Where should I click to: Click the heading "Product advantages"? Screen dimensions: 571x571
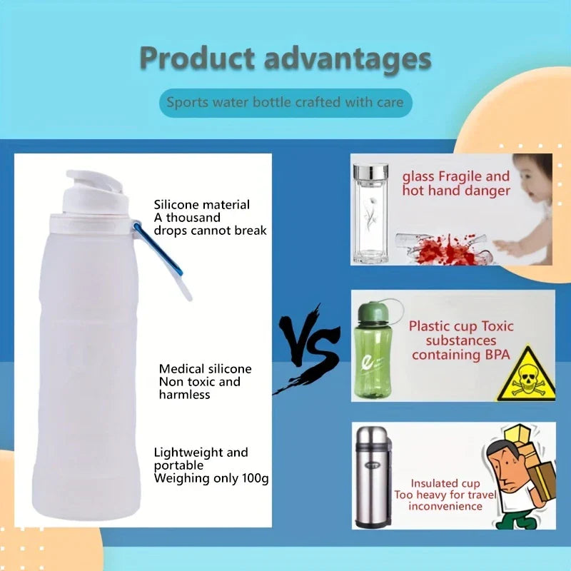[x=285, y=59]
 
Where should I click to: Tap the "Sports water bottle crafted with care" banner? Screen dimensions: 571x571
[x=285, y=102]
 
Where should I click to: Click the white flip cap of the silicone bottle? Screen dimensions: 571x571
[x=94, y=191]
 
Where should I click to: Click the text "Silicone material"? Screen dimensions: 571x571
[x=202, y=205]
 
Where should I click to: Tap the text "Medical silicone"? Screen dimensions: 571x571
[x=205, y=369]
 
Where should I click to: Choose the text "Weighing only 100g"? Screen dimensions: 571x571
[x=211, y=477]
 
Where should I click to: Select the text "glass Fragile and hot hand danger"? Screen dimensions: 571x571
[x=456, y=183]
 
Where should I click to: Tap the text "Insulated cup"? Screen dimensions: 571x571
[x=445, y=484]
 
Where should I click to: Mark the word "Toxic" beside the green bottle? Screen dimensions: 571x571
[x=497, y=326]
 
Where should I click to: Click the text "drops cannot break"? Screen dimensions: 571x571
[x=211, y=231]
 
